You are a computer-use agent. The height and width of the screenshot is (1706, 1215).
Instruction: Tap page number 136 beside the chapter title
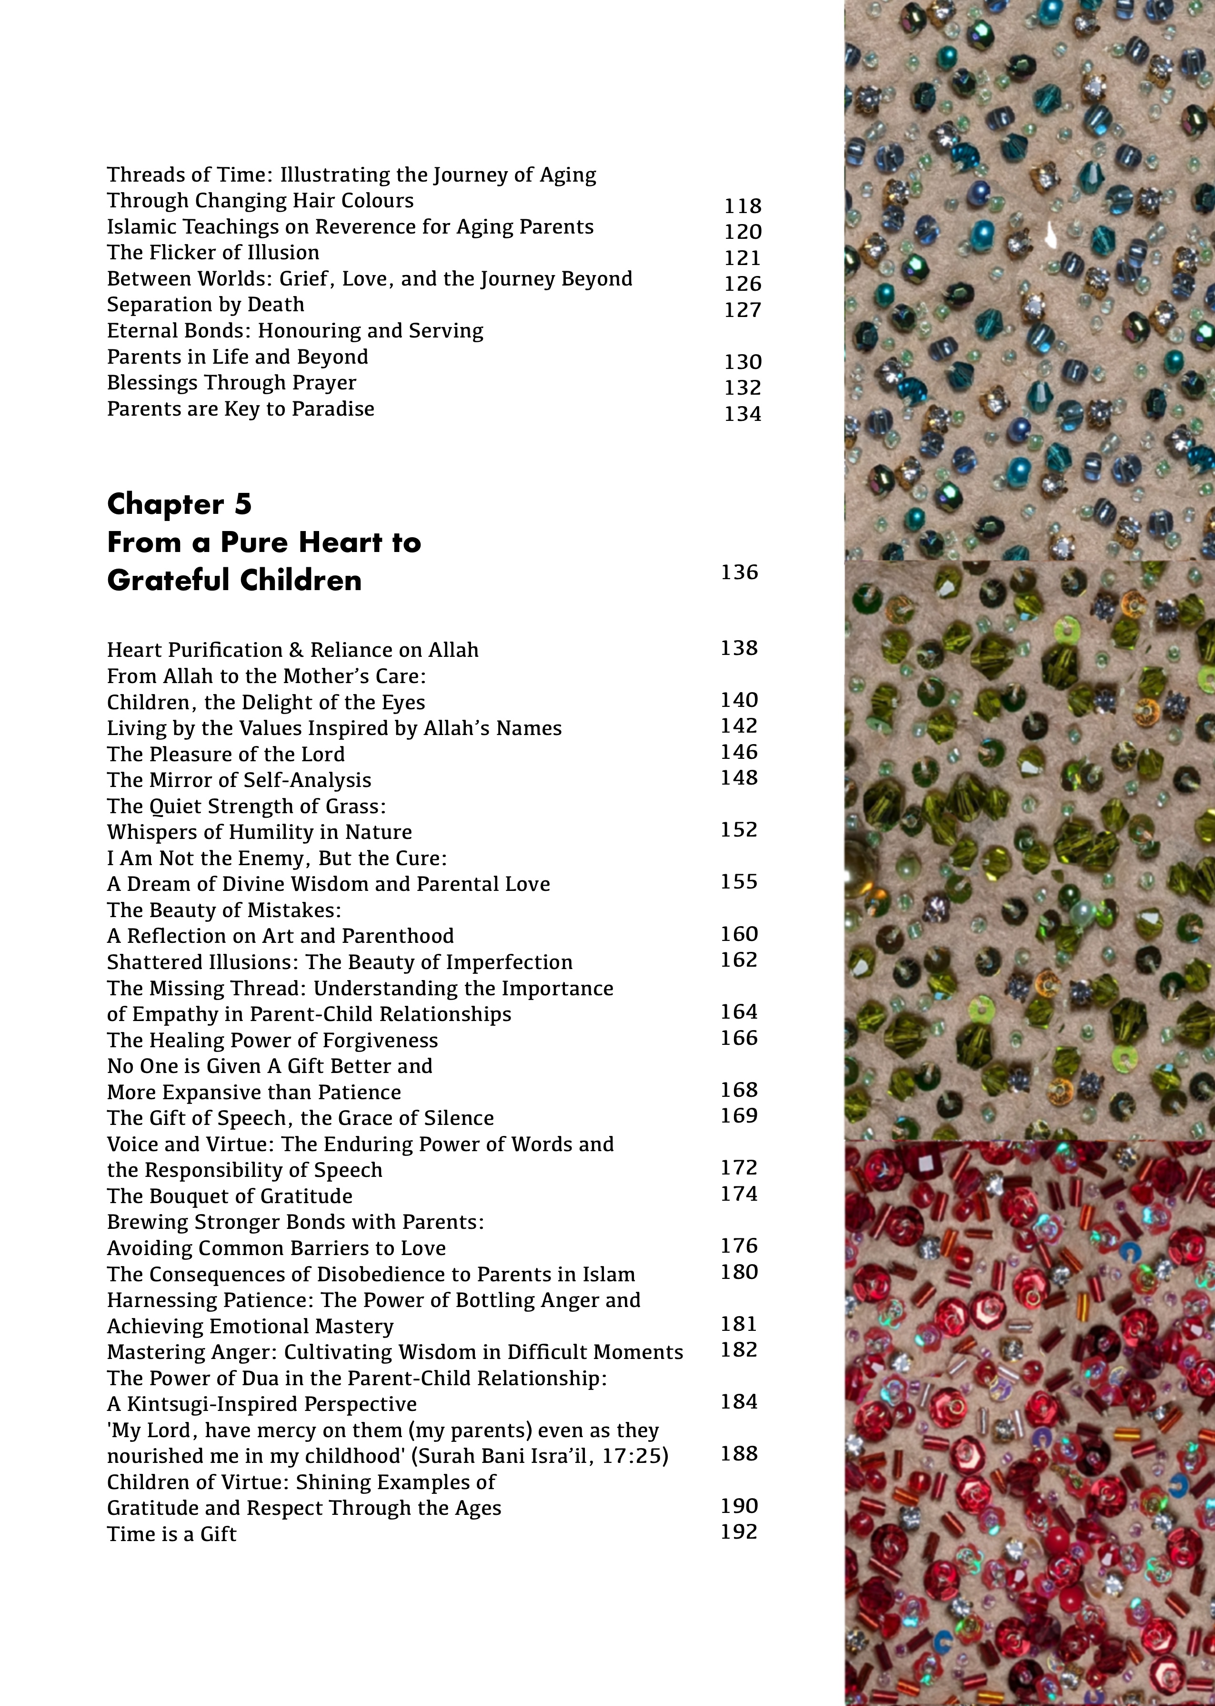(739, 572)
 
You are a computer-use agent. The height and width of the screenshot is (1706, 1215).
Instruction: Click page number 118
(742, 206)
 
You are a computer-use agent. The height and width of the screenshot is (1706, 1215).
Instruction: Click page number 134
(742, 414)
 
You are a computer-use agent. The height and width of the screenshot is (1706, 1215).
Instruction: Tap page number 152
(739, 829)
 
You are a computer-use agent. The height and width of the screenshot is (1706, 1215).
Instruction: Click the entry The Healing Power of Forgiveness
(272, 1041)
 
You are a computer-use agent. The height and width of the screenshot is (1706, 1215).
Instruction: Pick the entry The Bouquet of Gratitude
(230, 1196)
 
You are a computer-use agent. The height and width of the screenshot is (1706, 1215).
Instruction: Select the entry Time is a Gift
(171, 1534)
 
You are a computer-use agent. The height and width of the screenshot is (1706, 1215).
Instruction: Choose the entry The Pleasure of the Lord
(225, 755)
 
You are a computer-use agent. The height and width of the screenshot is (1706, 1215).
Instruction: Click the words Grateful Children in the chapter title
(234, 580)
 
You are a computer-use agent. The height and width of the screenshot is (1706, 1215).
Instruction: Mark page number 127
(742, 310)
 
